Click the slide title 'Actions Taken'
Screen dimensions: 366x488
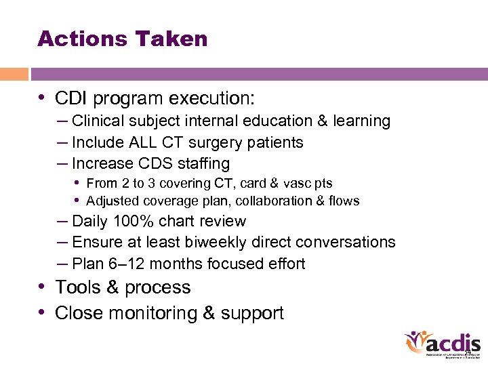click(123, 39)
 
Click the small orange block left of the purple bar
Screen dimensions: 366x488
click(14, 74)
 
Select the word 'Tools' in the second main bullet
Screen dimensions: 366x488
click(77, 287)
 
